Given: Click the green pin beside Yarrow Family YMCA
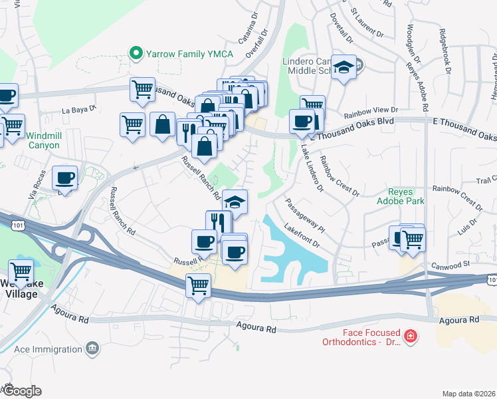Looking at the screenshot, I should [137, 52].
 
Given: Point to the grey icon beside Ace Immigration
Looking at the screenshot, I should [92, 348].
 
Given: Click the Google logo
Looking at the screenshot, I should [22, 391].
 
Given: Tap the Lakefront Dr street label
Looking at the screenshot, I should [302, 238].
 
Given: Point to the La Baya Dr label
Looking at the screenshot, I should [79, 108].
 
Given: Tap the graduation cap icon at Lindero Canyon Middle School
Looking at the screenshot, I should [344, 67].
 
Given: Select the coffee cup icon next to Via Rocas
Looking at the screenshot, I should [65, 178].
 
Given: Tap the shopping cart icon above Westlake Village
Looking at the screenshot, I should [21, 271].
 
